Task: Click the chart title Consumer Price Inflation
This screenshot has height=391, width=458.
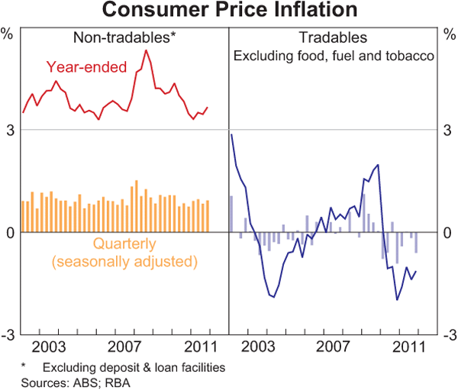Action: pyautogui.click(x=228, y=11)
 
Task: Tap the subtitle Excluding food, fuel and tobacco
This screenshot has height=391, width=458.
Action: pyautogui.click(x=333, y=55)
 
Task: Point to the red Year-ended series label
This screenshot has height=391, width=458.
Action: pyautogui.click(x=86, y=67)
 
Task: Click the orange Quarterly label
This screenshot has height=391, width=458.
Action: pyautogui.click(x=124, y=244)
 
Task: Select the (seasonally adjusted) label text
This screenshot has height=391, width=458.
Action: pyautogui.click(x=124, y=262)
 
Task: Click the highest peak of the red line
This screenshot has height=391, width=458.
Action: pyautogui.click(x=146, y=50)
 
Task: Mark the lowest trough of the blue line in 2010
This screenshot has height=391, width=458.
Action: pyautogui.click(x=397, y=300)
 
